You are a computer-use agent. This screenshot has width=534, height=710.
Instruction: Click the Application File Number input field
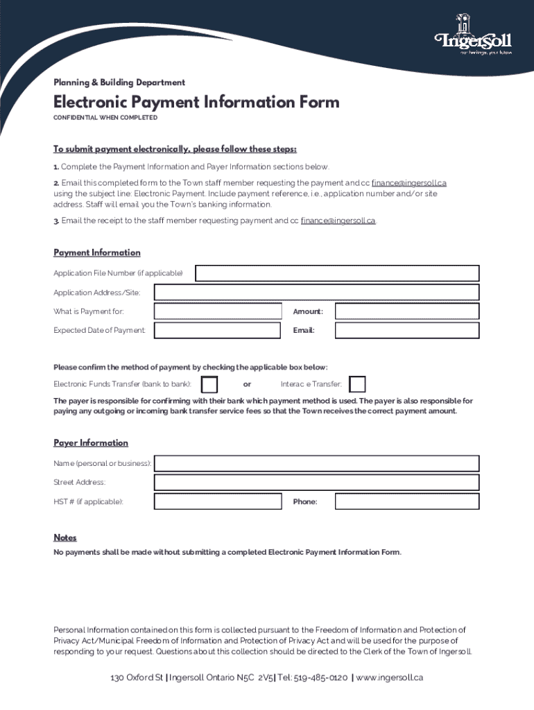pos(337,273)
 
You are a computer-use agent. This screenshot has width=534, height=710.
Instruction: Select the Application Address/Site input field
pos(316,293)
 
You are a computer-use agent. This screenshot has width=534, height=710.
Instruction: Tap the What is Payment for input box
pos(218,311)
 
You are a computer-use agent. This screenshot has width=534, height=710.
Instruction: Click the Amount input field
pos(406,311)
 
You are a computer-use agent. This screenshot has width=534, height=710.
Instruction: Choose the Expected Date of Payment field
pos(218,330)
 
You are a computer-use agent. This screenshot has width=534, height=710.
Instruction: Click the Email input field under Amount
pos(406,330)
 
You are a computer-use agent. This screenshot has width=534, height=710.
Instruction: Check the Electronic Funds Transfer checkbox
pos(209,384)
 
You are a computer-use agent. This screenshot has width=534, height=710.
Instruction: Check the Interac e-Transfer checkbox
pos(357,384)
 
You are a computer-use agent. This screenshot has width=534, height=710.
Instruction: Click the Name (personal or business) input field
pos(316,463)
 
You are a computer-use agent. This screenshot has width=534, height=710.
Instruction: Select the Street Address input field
pos(316,482)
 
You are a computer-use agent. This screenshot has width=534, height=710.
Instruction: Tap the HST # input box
pos(218,501)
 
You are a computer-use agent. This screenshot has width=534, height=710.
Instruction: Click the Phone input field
pos(406,501)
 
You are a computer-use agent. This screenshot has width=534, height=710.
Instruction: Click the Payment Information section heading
pos(97,253)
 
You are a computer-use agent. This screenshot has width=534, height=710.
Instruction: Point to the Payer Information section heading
pos(91,443)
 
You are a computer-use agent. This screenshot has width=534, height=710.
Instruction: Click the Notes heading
pos(65,538)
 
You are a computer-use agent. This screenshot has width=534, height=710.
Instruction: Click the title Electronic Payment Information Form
pos(196,103)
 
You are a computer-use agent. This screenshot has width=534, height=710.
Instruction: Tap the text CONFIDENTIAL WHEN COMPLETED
pos(105,118)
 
